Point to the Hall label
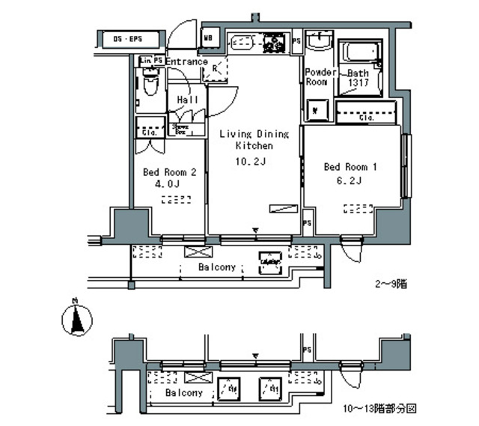(187, 100)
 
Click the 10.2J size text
(252, 160)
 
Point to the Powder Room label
(317, 77)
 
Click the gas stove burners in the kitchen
(272, 43)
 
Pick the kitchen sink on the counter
(242, 43)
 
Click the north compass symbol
(75, 320)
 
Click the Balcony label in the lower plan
(183, 392)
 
